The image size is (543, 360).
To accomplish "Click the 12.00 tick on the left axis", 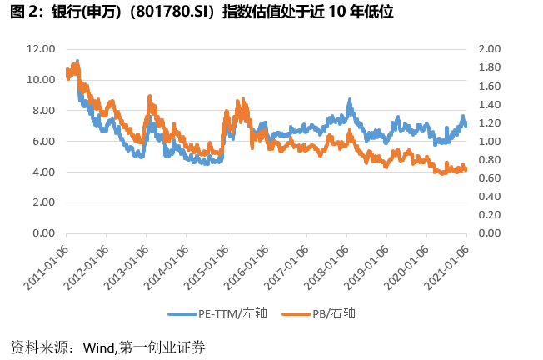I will pos(41,49).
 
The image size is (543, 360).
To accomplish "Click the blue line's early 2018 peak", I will pos(350,100).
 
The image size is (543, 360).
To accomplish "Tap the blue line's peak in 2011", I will pos(77,62).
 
